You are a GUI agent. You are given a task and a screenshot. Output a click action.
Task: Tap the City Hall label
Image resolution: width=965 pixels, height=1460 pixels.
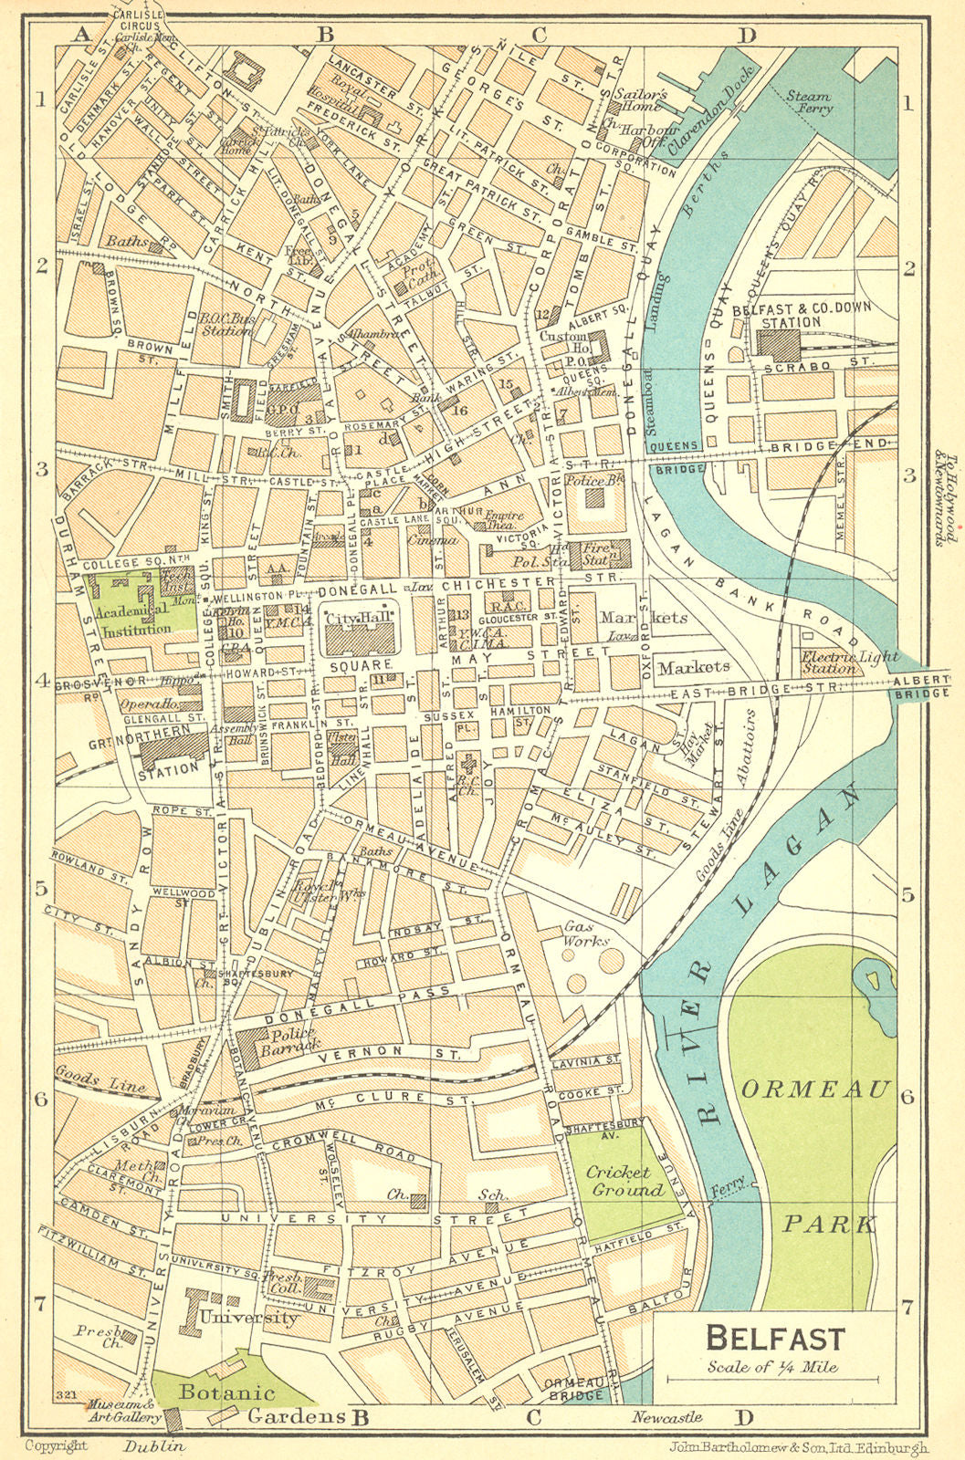click(x=359, y=620)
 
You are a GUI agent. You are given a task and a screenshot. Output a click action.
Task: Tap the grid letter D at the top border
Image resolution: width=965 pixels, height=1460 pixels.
click(x=747, y=36)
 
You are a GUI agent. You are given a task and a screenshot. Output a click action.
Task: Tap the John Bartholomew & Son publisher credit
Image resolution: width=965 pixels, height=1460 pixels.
click(x=797, y=1447)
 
